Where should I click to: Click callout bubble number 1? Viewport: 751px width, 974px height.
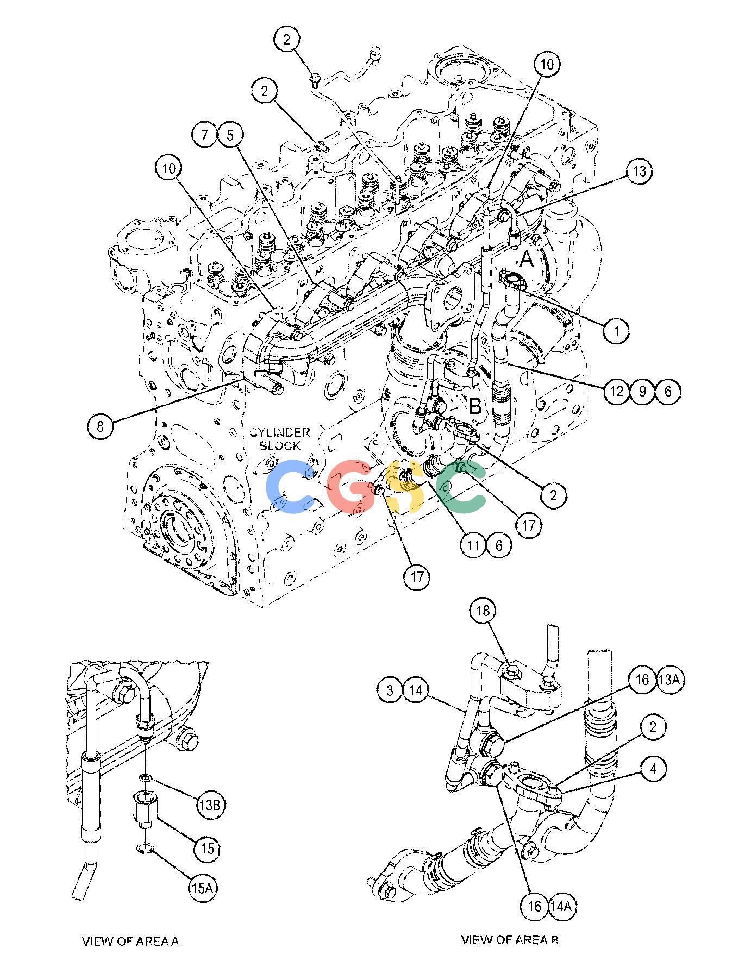coord(616,330)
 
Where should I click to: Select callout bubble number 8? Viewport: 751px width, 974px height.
coord(101,426)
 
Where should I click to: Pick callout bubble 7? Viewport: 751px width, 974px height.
coord(205,135)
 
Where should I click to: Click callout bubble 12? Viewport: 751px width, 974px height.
coord(616,391)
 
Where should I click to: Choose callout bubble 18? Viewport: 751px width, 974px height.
coord(483,611)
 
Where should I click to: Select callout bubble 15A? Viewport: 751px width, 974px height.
coord(201,888)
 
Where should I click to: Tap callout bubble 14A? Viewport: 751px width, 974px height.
coord(562,906)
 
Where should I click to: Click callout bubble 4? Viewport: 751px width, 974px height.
coord(653,769)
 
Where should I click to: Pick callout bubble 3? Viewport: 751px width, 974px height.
coord(390,690)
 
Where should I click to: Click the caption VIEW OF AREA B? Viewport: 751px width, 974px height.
coord(510,940)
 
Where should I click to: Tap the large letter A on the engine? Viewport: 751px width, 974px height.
coord(527,260)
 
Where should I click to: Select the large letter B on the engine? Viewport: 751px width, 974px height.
coord(475,406)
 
